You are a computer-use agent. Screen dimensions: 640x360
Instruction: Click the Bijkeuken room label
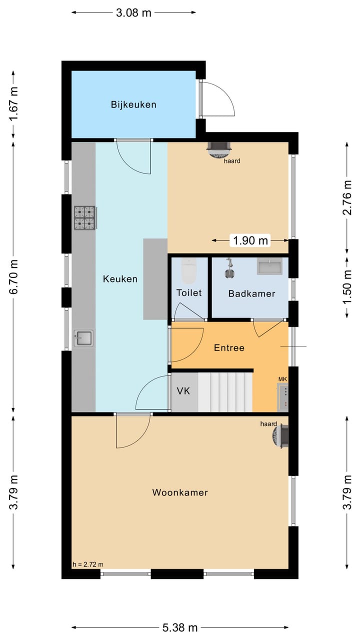coord(133,104)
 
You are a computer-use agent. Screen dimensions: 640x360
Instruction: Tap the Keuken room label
coord(120,279)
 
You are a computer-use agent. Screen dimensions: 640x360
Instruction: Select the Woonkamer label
coord(180,492)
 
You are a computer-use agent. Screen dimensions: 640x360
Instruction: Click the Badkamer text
coord(251,293)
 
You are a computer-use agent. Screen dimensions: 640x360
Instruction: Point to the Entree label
coord(229,347)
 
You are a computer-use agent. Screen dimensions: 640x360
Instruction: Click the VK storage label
coord(184,391)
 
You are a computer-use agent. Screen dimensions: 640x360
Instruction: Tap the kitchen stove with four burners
coord(85,218)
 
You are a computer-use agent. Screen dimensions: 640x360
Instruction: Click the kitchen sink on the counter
coord(83,338)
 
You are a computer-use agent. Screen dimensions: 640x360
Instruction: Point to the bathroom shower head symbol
coord(230,267)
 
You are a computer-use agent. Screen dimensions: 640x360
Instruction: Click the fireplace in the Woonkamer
coord(280,435)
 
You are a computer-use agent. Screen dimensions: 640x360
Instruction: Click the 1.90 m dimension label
coord(250,240)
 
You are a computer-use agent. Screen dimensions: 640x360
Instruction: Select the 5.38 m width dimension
coord(180,627)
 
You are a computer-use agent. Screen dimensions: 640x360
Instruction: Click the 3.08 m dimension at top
coord(133,13)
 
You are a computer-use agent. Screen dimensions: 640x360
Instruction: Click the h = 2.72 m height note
coord(88,564)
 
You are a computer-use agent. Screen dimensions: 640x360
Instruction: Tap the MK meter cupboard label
coord(282,379)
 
